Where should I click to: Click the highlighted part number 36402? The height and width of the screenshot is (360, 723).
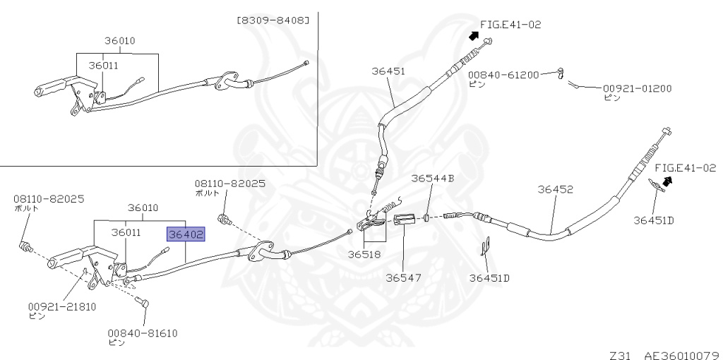pyautogui.click(x=186, y=234)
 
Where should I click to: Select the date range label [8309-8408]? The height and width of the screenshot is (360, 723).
pyautogui.click(x=273, y=20)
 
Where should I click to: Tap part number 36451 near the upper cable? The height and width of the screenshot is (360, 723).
pyautogui.click(x=388, y=71)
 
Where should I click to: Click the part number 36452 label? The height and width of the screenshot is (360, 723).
pyautogui.click(x=555, y=189)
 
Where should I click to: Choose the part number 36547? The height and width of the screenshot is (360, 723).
pyautogui.click(x=402, y=277)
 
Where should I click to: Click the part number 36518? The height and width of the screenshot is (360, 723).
pyautogui.click(x=364, y=254)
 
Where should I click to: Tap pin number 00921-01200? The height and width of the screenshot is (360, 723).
pyautogui.click(x=638, y=88)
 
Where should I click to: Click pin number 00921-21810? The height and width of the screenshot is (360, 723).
pyautogui.click(x=62, y=306)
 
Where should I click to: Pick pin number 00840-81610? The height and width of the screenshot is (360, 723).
pyautogui.click(x=143, y=332)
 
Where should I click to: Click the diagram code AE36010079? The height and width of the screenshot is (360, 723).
pyautogui.click(x=683, y=355)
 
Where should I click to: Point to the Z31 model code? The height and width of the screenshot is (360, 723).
pyautogui.click(x=620, y=355)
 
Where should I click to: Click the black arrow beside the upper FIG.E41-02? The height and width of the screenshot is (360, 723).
pyautogui.click(x=474, y=35)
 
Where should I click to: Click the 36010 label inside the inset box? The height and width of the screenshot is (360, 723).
pyautogui.click(x=119, y=40)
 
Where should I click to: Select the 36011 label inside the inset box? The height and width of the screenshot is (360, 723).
pyautogui.click(x=103, y=66)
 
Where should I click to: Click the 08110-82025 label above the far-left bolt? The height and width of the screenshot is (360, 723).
pyautogui.click(x=49, y=199)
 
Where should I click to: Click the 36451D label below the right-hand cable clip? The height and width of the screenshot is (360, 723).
pyautogui.click(x=653, y=220)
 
